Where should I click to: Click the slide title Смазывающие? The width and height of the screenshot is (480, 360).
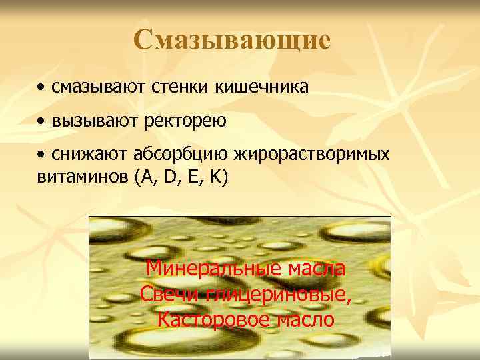pyautogui.click(x=231, y=41)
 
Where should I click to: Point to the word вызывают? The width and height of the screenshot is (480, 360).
pyautogui.click(x=87, y=122)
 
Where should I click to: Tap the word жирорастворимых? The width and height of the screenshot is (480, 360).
pyautogui.click(x=310, y=155)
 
